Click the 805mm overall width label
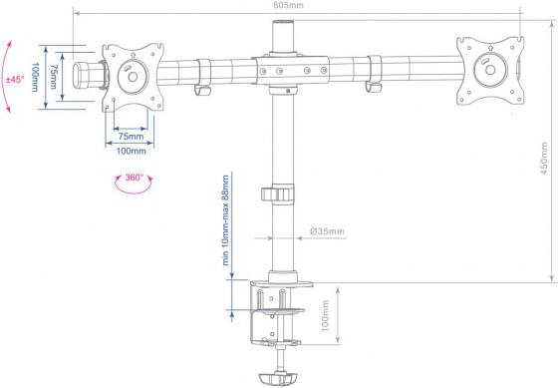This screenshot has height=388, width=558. pos(289,5)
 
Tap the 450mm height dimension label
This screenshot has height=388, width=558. pos(544,159)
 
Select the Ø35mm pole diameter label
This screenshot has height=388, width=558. pos(327,231)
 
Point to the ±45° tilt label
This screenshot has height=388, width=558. pos(15,79)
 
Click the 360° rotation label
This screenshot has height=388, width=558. pos(134,178)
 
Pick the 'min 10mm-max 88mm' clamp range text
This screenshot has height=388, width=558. pos(225,220)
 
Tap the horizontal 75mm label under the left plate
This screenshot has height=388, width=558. pos(131,137)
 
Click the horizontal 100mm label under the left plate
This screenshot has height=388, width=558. pos(131,151)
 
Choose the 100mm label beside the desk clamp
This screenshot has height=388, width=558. pos(325,316)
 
